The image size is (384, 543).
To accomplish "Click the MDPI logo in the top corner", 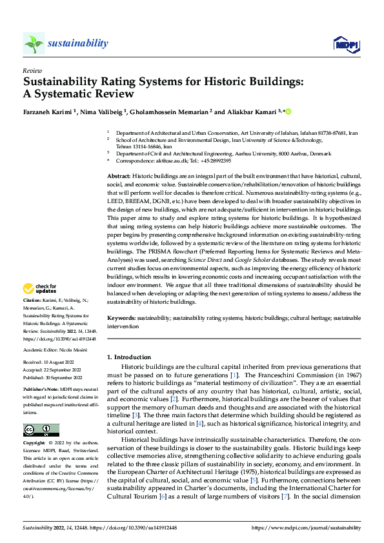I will [345, 44].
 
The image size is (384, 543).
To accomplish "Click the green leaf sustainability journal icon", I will [34, 43].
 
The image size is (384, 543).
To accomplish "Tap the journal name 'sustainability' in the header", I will [77, 43].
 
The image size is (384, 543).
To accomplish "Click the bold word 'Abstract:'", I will [119, 176].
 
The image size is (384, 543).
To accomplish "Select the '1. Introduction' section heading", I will [129, 357].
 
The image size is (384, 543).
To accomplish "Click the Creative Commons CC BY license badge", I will [41, 429].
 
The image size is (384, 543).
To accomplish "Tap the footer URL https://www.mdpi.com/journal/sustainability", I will [306, 527].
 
